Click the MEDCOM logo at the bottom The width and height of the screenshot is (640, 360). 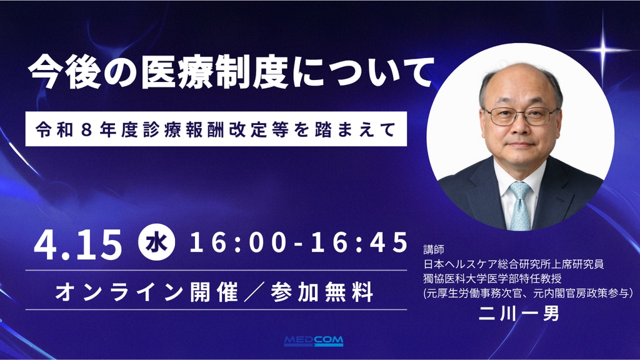[314, 341]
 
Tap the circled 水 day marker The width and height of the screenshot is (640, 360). [157, 243]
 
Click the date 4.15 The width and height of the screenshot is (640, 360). [77, 244]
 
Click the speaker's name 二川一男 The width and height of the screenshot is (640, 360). [519, 314]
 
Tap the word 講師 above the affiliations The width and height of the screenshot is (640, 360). [434, 249]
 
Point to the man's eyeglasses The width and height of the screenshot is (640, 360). [520, 116]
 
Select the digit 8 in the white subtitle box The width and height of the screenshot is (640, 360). [86, 129]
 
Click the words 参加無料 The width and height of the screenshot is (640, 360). [322, 292]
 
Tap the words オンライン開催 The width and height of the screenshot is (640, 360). [146, 292]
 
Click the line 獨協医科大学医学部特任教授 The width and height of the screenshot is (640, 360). [492, 279]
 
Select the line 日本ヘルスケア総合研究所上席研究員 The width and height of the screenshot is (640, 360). [514, 264]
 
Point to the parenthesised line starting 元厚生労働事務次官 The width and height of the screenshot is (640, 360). [528, 293]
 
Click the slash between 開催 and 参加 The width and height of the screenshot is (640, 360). [254, 292]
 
